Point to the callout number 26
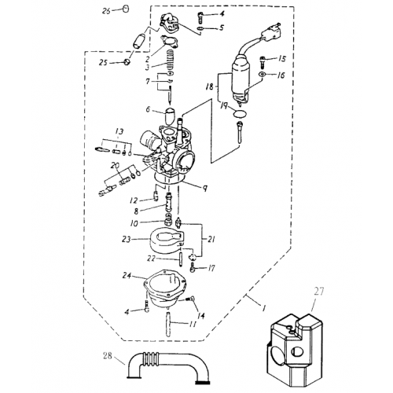(x=107, y=10)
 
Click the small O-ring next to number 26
(x=124, y=9)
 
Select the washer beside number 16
(x=261, y=75)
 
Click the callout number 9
(x=204, y=188)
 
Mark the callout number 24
(x=126, y=275)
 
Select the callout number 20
(x=115, y=166)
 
